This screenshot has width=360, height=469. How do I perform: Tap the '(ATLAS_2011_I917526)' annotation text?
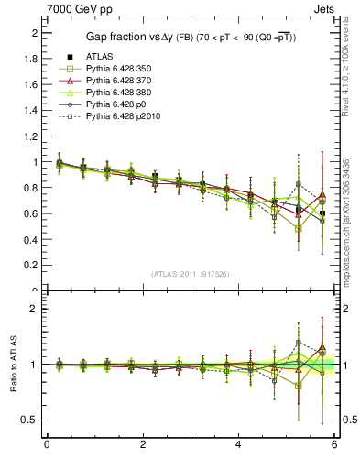point(191,274)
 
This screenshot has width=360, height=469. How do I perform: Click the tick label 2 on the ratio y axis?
point(36,309)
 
